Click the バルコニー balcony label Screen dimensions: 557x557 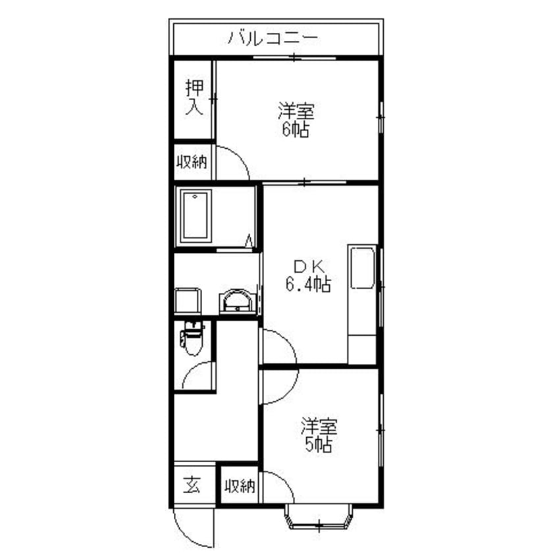point(273,38)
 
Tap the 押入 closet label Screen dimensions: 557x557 point(194,97)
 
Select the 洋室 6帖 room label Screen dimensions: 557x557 point(296,120)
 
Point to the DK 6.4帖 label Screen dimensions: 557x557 point(308,276)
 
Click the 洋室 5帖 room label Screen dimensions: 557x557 point(319,435)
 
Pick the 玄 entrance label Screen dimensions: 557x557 point(192,485)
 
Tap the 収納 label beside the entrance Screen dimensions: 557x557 point(240,486)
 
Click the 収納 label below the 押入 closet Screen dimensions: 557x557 point(192,163)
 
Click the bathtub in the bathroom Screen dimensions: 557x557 point(195,217)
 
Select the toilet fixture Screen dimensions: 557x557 point(192,338)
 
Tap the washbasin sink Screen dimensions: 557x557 point(236,302)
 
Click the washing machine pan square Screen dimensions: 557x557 point(188,300)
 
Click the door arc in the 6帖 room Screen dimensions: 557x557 point(239,157)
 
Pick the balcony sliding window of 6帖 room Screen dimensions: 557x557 point(294,57)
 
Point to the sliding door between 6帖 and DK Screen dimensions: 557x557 point(304,182)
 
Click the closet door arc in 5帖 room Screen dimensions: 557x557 point(284,482)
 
